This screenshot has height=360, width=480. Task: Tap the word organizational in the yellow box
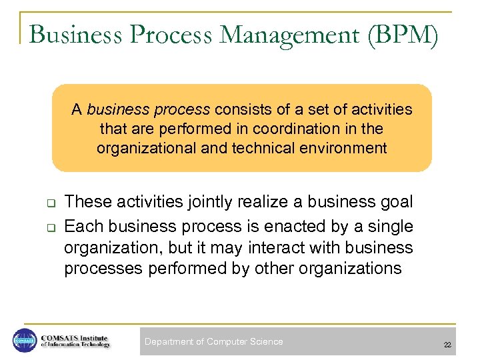point(147,148)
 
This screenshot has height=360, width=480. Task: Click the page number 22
point(447,345)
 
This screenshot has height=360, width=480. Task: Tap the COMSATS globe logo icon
point(24,341)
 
